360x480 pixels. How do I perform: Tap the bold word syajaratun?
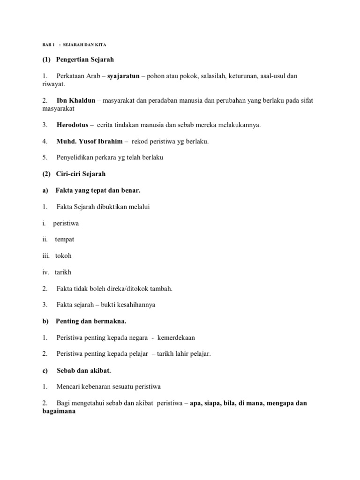[x=123, y=76]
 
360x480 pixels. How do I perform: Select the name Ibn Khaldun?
[x=75, y=100]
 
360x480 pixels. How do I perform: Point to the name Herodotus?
[x=72, y=125]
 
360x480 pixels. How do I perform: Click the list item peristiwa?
[x=66, y=223]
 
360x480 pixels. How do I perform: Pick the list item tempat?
[x=64, y=240]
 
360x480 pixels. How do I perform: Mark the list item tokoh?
[x=63, y=256]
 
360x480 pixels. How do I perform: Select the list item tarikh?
[x=63, y=272]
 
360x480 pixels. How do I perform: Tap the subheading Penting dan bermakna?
[x=91, y=321]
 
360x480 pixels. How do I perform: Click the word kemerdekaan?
[x=176, y=337]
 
